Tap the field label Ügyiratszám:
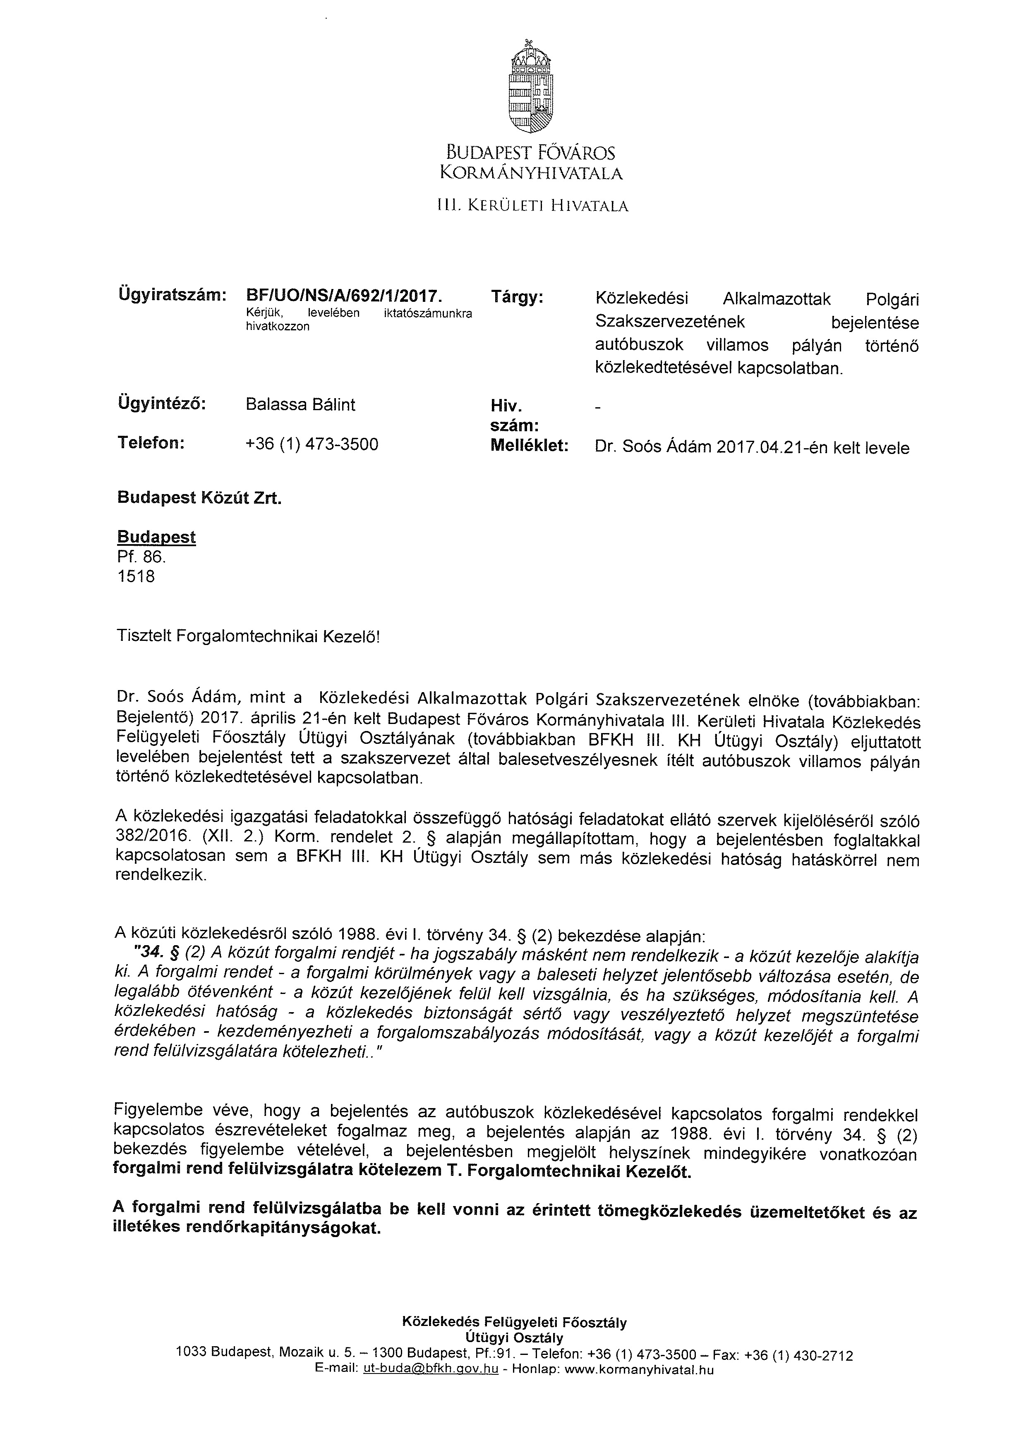pos(171,294)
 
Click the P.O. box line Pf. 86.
pos(141,557)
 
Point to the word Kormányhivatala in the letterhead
pos(531,173)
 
